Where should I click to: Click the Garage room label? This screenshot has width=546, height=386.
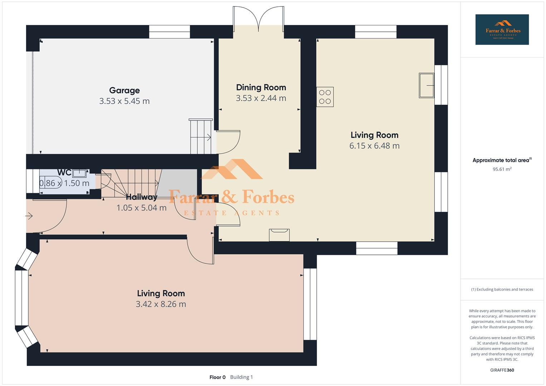coord(124,90)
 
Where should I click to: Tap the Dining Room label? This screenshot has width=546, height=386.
coord(261,88)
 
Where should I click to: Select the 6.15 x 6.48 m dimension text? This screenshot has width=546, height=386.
coord(374,146)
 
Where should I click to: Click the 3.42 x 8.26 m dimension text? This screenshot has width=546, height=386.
coord(161,304)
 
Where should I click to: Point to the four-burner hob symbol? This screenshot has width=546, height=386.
coord(325,97)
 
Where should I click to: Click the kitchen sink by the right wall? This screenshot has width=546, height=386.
coord(426,85)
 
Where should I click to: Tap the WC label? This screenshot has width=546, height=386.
coord(64,173)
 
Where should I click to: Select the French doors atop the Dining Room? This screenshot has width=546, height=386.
coord(259,16)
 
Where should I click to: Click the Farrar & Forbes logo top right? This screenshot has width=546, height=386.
coord(502,30)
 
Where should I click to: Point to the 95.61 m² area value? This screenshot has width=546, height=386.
coord(502,169)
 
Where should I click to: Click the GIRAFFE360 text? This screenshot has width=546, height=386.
coord(502,370)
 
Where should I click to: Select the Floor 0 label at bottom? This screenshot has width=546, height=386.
coord(217,377)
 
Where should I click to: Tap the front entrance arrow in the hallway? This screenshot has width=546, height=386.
coord(29,216)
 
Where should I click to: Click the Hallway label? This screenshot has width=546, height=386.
coord(142,197)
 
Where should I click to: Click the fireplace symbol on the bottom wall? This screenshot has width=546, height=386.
coord(279,235)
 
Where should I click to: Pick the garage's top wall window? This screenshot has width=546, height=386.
coord(169,32)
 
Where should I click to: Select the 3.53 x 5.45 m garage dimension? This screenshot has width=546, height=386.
coord(124,101)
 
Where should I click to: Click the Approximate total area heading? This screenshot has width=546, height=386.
coord(501,160)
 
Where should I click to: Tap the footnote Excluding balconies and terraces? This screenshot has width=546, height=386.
coord(502,289)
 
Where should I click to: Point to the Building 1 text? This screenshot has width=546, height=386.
coord(241,377)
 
